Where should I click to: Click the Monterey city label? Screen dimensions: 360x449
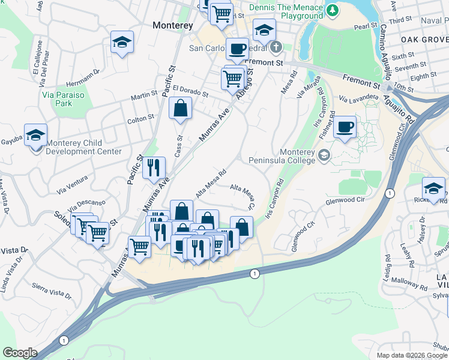(173, 26)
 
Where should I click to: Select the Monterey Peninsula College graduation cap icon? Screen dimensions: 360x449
(324, 156)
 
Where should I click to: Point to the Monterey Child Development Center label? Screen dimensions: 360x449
(84, 148)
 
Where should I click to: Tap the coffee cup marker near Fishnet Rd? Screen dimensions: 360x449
(345, 127)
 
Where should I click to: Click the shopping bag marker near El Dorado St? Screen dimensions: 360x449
(180, 109)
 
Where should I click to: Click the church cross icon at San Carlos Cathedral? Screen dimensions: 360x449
(276, 47)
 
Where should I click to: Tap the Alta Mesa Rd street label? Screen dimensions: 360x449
(210, 183)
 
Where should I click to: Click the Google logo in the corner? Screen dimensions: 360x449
(19, 353)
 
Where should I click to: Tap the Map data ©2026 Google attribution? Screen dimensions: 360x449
(412, 355)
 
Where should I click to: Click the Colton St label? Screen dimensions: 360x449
(141, 119)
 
